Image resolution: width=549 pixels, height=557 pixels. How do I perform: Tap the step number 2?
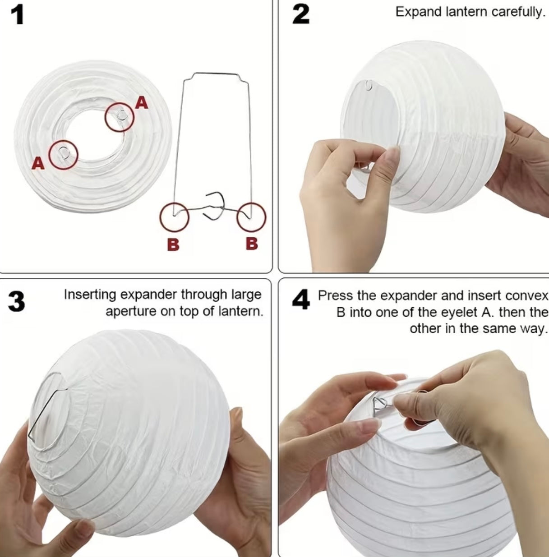(301, 14)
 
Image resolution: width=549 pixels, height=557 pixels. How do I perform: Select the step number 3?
(17, 301)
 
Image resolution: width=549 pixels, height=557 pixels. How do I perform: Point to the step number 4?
(301, 300)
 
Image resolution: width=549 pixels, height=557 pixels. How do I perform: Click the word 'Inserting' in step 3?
(90, 295)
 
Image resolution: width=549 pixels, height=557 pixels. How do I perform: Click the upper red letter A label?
(142, 103)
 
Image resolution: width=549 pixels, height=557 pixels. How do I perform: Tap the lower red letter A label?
(38, 163)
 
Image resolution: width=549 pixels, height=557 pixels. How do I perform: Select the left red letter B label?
(173, 244)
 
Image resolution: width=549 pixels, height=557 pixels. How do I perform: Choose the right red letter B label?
(252, 243)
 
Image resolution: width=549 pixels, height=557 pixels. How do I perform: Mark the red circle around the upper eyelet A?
(106, 117)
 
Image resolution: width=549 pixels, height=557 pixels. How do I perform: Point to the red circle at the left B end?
(160, 217)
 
